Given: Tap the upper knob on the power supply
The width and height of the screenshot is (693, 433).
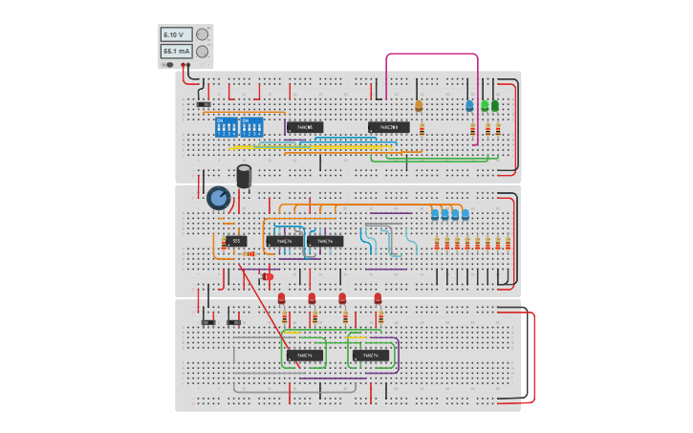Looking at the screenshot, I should click(202, 34).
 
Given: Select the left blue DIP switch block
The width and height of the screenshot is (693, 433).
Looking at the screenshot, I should click(227, 127).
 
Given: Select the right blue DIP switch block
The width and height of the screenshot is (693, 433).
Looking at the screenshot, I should click(251, 127).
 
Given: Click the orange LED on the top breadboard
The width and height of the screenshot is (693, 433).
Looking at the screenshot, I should click(418, 106).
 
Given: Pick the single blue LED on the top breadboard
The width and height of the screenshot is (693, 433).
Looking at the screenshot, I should click(469, 105).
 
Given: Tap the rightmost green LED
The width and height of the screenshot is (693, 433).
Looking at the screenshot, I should click(495, 105).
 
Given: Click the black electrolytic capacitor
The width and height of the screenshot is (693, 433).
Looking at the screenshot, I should click(245, 176).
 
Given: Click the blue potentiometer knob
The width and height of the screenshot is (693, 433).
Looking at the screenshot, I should click(218, 198).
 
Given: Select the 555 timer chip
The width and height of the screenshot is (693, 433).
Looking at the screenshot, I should click(237, 241).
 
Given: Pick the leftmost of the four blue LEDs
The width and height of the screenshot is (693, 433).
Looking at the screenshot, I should click(435, 214).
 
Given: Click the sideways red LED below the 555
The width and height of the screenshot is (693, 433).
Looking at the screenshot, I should click(268, 277).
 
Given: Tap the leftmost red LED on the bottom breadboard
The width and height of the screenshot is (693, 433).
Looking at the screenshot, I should click(282, 298).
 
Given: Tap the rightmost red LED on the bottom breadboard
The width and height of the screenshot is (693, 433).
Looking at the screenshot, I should click(378, 298).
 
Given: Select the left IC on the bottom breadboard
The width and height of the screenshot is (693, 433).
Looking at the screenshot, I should click(305, 356).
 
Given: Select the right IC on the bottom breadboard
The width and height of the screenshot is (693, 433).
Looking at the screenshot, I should click(371, 356).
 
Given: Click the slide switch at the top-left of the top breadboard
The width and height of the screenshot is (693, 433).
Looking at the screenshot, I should click(204, 103).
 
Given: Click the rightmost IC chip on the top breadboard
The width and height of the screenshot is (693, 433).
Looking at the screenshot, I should click(389, 127).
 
